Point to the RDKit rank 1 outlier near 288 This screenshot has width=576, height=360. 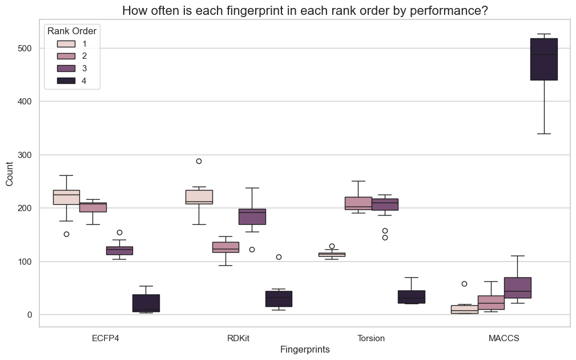click(x=199, y=161)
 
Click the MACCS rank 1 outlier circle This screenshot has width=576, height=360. click(x=464, y=284)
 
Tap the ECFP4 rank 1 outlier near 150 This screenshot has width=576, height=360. click(x=66, y=234)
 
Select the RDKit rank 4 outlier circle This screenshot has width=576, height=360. click(x=279, y=257)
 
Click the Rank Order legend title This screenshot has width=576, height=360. click(x=72, y=31)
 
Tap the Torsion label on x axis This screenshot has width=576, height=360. click(x=371, y=338)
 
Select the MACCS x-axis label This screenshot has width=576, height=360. click(x=504, y=338)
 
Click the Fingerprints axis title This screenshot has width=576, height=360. click(x=305, y=349)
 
